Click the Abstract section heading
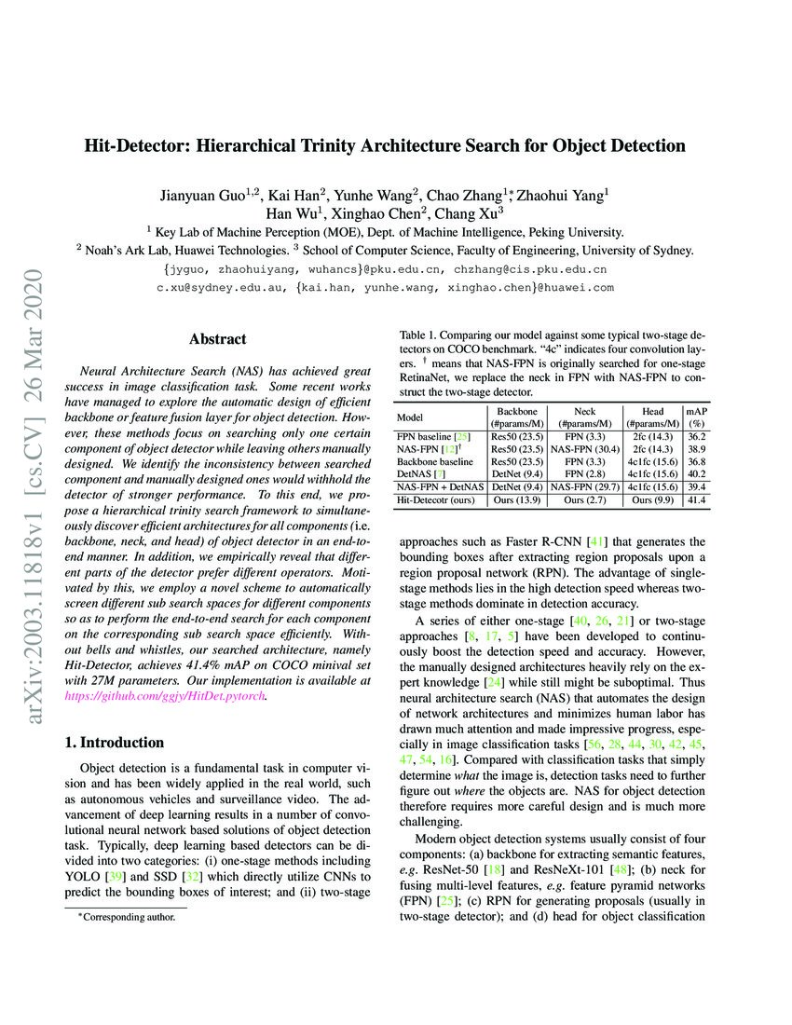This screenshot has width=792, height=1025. point(217,339)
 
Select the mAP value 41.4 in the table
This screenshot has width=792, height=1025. point(695,500)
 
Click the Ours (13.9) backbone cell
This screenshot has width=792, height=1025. point(516,500)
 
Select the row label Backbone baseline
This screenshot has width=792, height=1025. point(435,461)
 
